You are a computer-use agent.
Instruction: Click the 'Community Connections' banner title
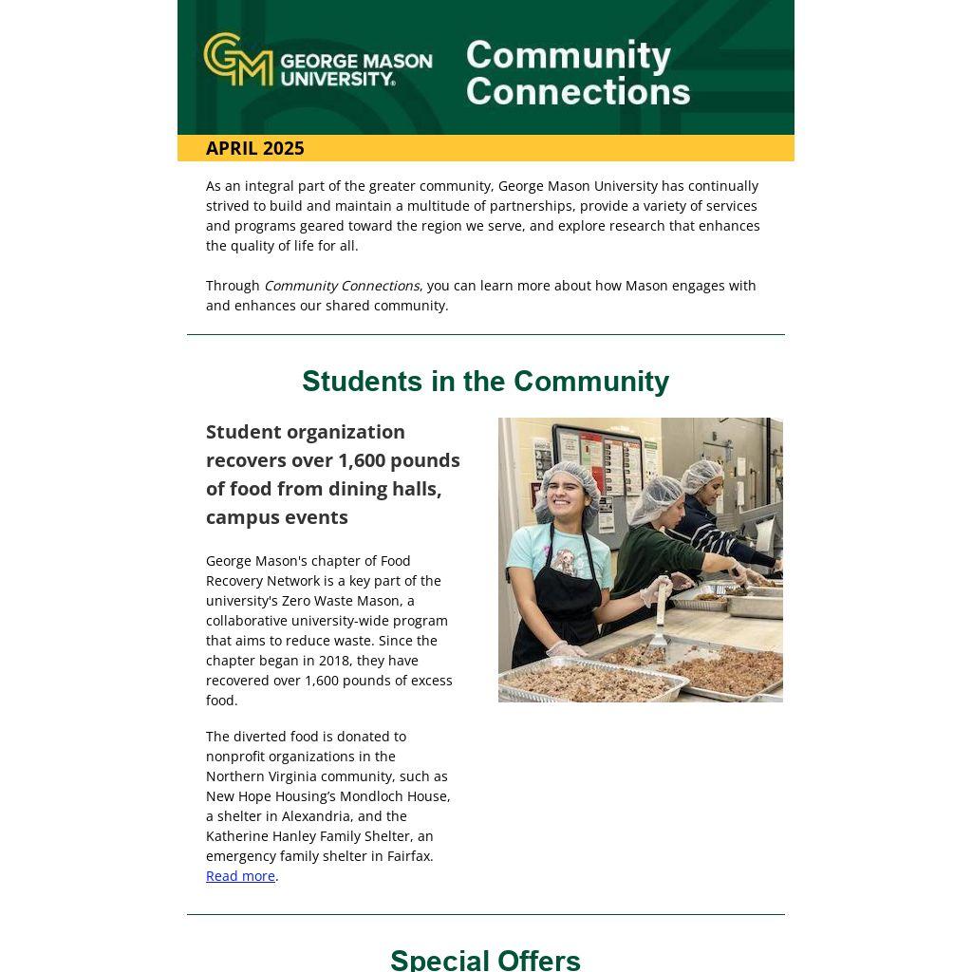577,73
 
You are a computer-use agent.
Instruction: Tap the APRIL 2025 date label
254,148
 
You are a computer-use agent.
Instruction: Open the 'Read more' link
240,876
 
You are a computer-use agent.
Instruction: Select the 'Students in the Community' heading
485,382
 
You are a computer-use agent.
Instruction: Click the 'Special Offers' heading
485,960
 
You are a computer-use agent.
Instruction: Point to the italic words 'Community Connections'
342,286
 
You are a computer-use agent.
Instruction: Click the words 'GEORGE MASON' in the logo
356,62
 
